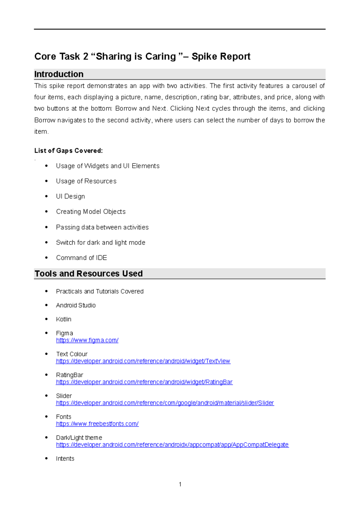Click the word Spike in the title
tap(204, 56)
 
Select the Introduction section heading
tap(59, 74)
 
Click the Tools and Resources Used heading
tap(88, 273)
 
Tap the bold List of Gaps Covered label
tap(68, 151)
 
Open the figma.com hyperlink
tap(87, 340)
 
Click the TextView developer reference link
tap(143, 361)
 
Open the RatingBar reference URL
tap(144, 382)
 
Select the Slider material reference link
tap(165, 403)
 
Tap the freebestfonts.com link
tap(97, 424)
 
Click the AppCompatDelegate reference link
tap(172, 444)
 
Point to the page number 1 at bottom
tap(180, 484)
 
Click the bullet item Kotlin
tap(64, 319)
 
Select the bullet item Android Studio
tap(76, 305)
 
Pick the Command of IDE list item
tap(81, 258)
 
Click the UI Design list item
tap(70, 196)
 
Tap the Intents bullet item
tap(65, 458)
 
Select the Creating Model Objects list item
tap(91, 212)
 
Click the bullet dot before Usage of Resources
tap(46, 181)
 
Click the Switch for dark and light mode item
tap(100, 242)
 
